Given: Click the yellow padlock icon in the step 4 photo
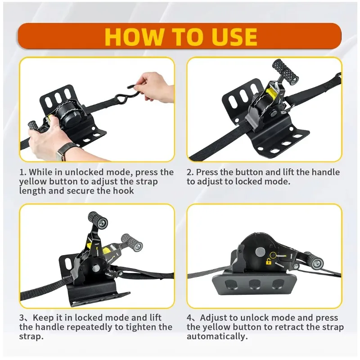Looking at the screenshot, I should coord(268,261).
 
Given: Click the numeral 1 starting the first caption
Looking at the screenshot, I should coord(22,172).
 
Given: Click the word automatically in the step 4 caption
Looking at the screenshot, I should coord(216,336).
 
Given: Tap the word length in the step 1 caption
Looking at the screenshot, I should coord(32,190).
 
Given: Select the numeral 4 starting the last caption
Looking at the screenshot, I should coord(189,318).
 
